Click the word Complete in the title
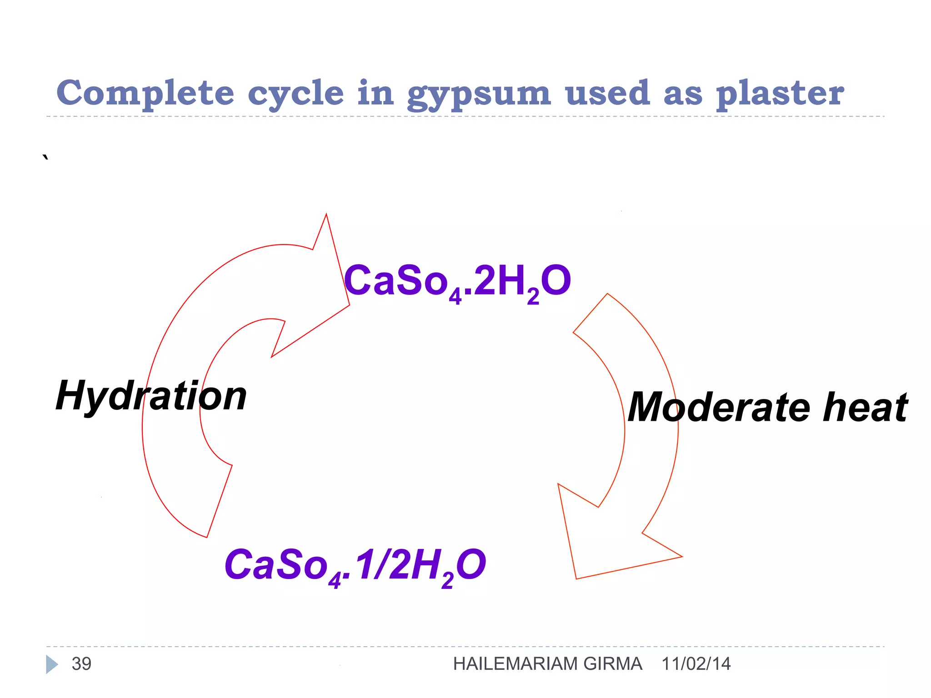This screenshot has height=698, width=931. (145, 93)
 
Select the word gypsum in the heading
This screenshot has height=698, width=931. (479, 95)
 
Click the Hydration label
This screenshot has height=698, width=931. (151, 396)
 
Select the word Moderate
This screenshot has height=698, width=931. (719, 407)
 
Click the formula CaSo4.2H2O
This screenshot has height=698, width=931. (457, 282)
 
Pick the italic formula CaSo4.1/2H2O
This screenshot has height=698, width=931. (355, 566)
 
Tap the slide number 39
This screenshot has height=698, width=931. (81, 664)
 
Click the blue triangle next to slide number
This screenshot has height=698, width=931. (51, 664)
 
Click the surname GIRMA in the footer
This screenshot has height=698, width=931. (613, 664)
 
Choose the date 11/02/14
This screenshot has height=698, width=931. (696, 664)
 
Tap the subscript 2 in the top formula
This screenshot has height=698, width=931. (533, 296)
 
